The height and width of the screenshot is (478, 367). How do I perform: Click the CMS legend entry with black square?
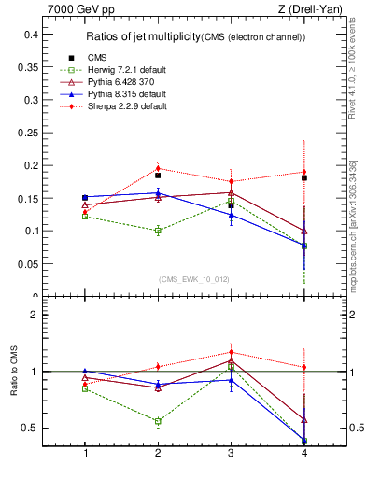97,58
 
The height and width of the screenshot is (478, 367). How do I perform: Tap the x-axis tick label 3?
231,453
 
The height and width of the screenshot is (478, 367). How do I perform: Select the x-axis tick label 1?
85,453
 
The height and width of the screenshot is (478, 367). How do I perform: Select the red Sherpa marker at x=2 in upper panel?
158,169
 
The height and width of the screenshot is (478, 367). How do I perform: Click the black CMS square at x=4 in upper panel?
303,177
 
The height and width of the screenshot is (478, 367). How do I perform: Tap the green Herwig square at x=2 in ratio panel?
158,421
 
